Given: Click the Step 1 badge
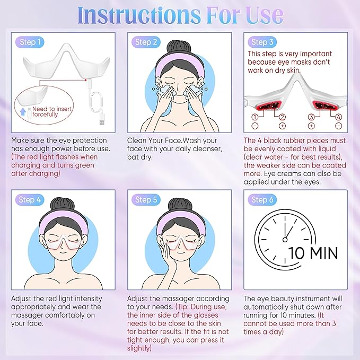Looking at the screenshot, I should point(27,42).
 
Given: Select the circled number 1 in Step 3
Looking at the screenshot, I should point(255,117).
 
